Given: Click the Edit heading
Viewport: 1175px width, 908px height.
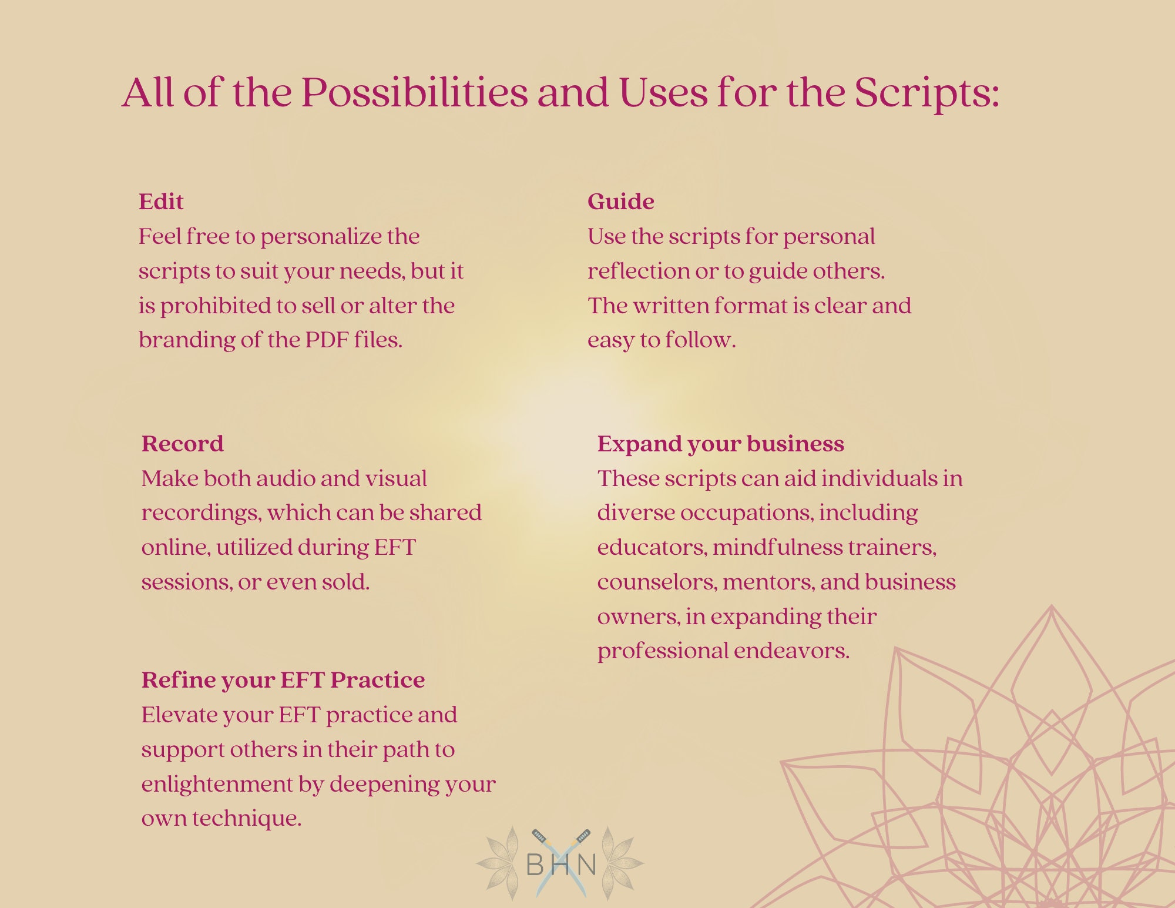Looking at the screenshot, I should click(x=161, y=202).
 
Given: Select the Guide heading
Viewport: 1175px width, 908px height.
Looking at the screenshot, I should click(x=620, y=202).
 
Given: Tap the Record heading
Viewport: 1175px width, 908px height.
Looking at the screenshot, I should click(x=182, y=444).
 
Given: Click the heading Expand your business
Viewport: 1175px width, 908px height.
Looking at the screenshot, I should click(x=720, y=444).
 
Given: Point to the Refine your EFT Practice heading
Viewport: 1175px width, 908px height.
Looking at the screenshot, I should click(x=283, y=680).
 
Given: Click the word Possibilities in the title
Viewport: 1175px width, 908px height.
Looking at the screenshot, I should click(x=415, y=92).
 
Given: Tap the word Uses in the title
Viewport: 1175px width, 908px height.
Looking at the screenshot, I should click(x=663, y=92).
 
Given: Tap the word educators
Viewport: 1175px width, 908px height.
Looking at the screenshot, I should click(x=652, y=548).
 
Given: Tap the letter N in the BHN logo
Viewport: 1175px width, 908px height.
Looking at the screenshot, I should click(x=586, y=865).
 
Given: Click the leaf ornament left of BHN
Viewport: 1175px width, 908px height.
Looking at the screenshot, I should click(x=500, y=863).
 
